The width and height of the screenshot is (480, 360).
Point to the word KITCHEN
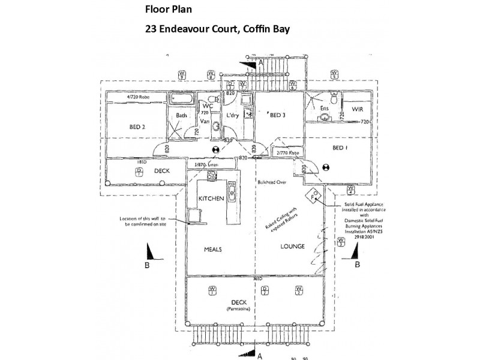[211, 198]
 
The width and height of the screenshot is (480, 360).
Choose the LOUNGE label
[292, 246]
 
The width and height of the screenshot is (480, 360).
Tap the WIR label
[358, 110]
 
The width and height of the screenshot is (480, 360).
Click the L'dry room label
[233, 116]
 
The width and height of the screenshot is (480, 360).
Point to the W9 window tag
[181, 75]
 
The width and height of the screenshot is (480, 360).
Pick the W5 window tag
[333, 75]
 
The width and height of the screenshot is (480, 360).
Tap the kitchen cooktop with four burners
[211, 176]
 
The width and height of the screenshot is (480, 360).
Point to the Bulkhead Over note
[273, 180]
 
